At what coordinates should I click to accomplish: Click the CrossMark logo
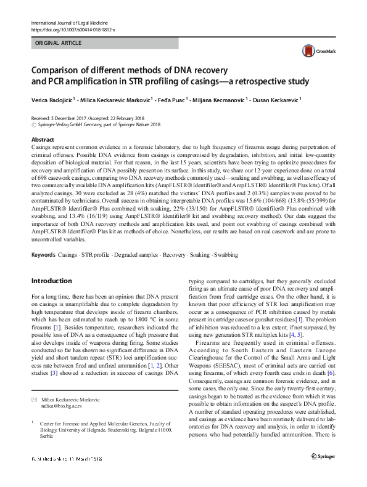[311, 53]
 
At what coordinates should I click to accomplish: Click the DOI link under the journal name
[73, 30]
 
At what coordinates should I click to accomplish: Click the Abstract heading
[43, 140]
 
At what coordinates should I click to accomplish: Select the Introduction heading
[52, 281]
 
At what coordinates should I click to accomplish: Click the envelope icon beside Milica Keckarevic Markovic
[34, 400]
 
